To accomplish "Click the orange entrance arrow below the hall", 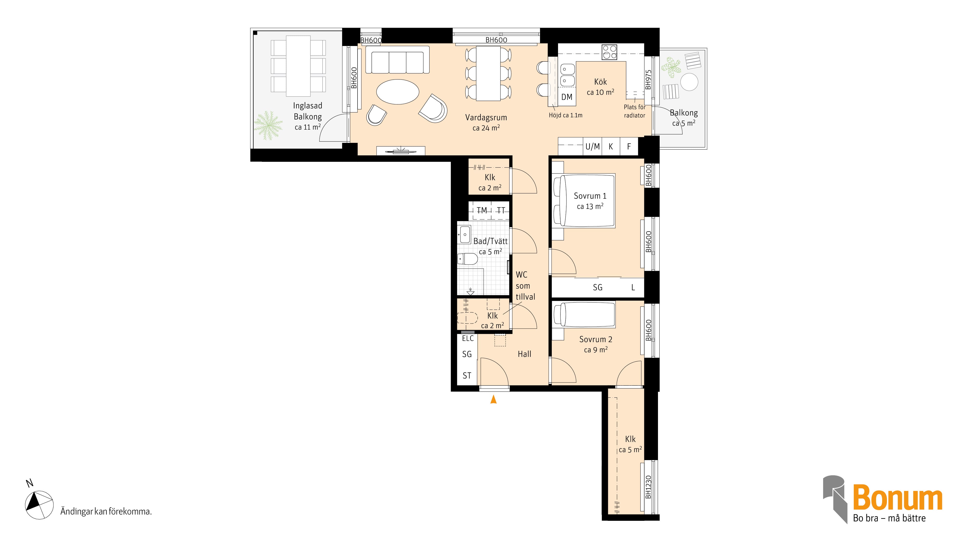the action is [x=494, y=399].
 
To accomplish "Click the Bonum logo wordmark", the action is [x=898, y=497].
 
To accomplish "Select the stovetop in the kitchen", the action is [x=609, y=52].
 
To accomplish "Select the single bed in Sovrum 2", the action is [x=584, y=314].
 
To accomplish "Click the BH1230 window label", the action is [x=648, y=487].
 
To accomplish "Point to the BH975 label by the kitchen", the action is [x=648, y=80].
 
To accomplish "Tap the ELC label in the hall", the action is [x=468, y=338].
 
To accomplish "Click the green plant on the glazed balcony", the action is [x=268, y=125].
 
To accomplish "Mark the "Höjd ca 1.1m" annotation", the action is [x=566, y=115].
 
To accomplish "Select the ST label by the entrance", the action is [x=467, y=376].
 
